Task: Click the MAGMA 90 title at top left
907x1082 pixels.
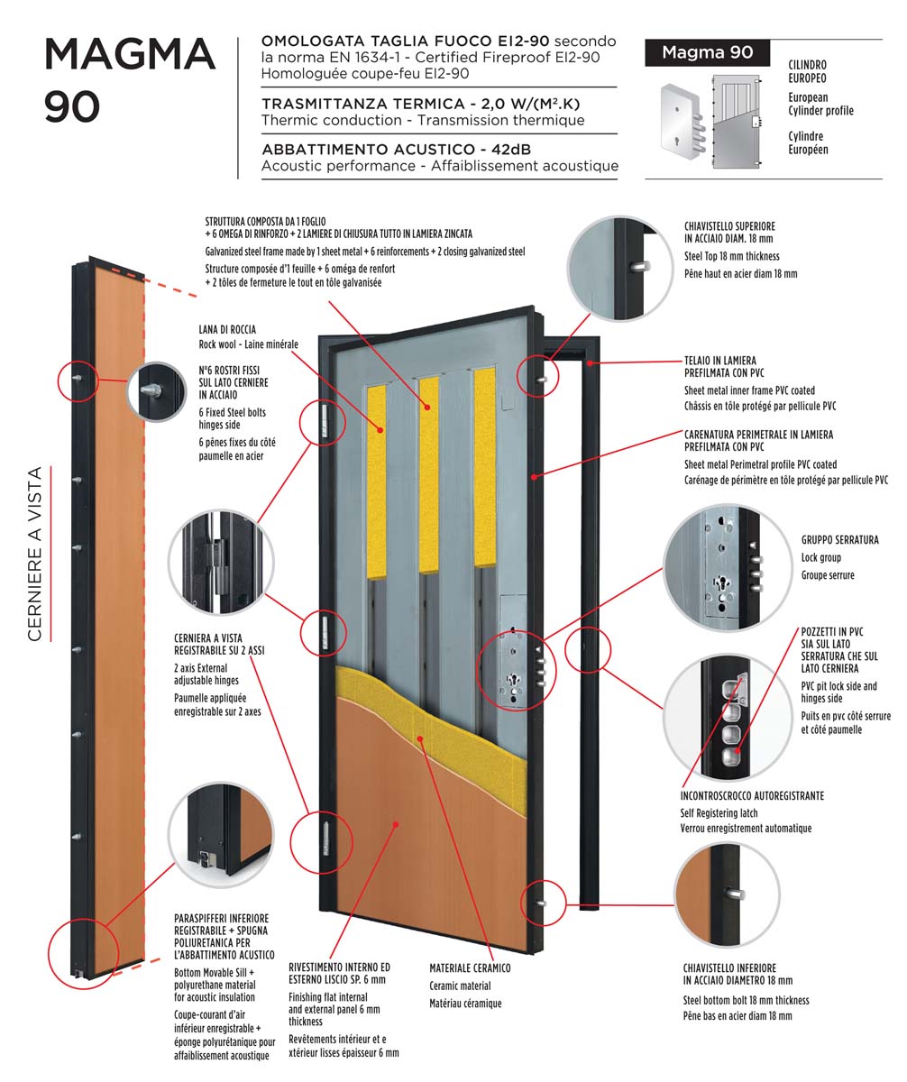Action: [x=130, y=80]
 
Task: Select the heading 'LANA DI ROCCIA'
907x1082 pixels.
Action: [x=227, y=330]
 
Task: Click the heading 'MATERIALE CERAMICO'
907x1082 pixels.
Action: [x=470, y=967]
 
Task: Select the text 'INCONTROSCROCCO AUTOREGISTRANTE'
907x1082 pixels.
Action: [x=752, y=796]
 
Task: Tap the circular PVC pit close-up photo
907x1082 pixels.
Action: [x=717, y=711]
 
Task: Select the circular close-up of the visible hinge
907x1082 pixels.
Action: [x=221, y=561]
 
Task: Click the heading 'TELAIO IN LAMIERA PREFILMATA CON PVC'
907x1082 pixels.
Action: [x=720, y=365]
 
